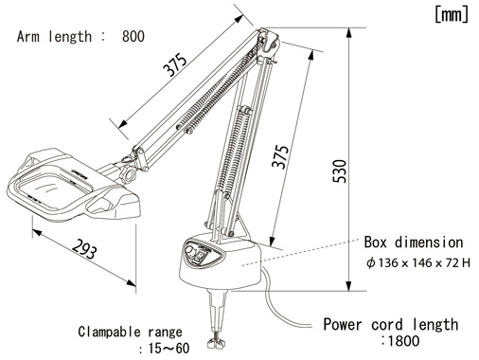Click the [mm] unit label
[x=452, y=14]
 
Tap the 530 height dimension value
[x=340, y=171]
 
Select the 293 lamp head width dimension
[x=84, y=249]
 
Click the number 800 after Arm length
[x=133, y=36]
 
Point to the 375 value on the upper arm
[x=174, y=64]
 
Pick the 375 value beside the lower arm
[x=280, y=157]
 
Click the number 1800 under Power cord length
[x=403, y=341]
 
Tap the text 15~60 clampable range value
[x=169, y=349]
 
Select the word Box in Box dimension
[x=376, y=243]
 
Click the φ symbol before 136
[x=371, y=262]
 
